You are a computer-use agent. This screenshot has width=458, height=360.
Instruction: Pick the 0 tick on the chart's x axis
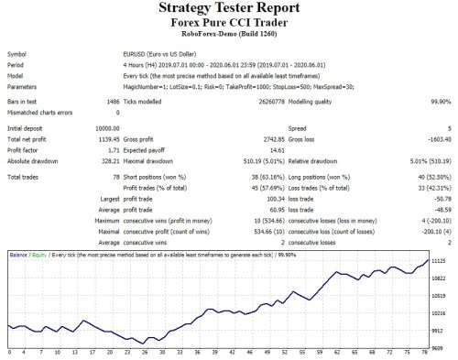click(8, 351)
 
